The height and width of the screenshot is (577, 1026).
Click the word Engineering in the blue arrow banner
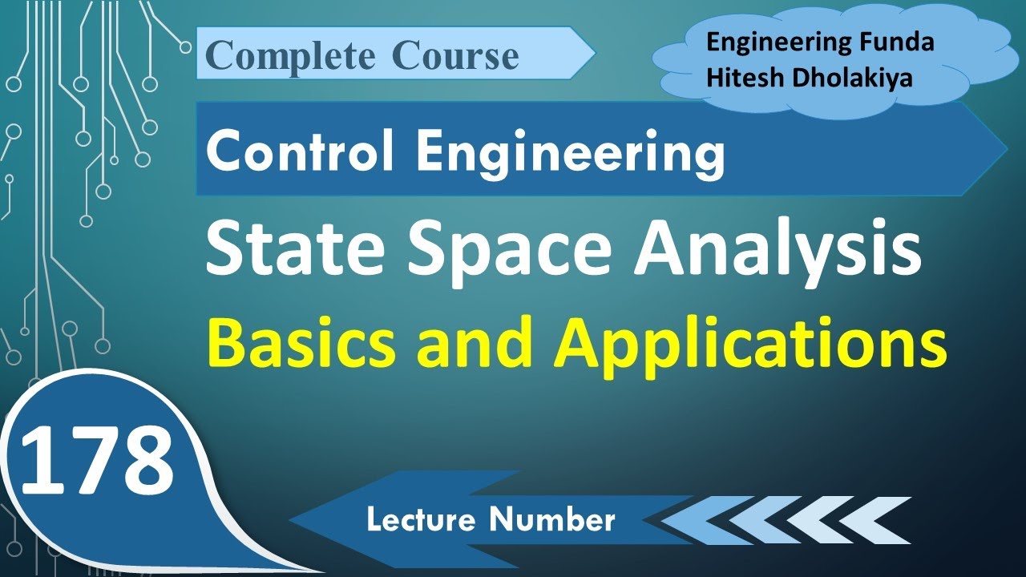(570, 153)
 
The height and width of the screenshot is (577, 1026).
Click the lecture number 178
(96, 461)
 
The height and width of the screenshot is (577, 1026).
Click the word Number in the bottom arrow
(554, 521)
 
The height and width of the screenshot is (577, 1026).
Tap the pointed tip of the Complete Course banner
(592, 54)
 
